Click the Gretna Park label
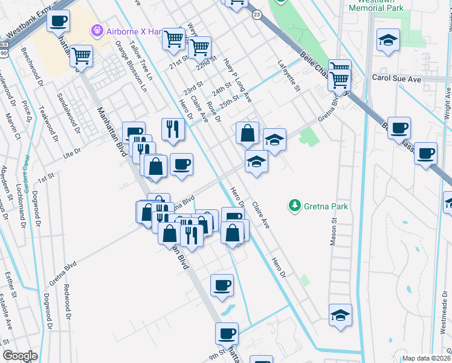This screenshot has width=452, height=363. [x=326, y=206]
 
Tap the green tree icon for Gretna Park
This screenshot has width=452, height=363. [x=295, y=206]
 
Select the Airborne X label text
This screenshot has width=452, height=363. [x=128, y=30]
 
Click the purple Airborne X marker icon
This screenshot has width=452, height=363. [x=96, y=30]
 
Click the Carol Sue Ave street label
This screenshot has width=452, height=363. [x=396, y=79]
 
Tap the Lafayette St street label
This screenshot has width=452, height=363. [x=289, y=75]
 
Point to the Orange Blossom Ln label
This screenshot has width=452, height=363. [x=131, y=67]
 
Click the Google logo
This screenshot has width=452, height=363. [x=20, y=356]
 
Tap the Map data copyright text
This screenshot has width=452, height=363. [x=427, y=358]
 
